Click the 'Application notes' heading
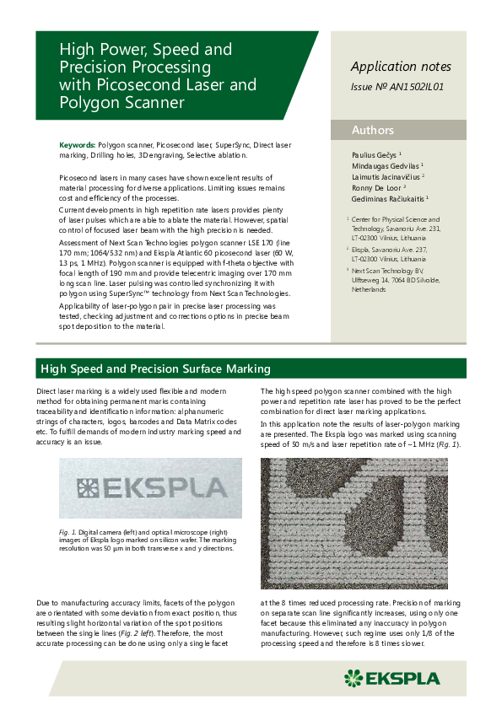[x=401, y=67]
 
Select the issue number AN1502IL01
[x=397, y=86]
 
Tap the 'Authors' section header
[x=373, y=130]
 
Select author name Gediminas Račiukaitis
[x=391, y=199]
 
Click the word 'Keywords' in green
[x=78, y=145]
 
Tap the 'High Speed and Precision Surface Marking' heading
[x=156, y=368]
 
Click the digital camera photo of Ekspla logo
[x=150, y=488]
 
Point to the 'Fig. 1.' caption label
[x=68, y=532]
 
